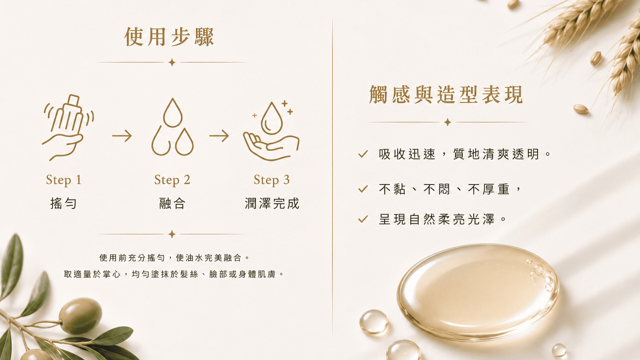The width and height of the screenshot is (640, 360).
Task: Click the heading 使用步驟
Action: tap(169, 37)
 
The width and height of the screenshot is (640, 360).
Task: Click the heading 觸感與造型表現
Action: tap(446, 94)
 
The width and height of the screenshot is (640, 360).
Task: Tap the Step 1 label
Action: tap(63, 180)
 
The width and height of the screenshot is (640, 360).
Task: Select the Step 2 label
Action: tap(172, 180)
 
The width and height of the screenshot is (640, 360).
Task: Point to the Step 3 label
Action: tap(271, 180)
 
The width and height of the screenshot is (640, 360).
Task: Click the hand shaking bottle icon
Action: tap(68, 127)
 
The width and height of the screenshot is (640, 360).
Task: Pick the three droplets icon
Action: tap(172, 127)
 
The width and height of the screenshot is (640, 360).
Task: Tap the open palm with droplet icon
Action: tap(271, 130)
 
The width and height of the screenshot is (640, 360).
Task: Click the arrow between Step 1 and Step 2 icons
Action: tap(122, 135)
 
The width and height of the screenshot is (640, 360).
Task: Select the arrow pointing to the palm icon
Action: tap(219, 135)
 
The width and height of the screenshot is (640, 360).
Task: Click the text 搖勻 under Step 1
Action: tap(63, 203)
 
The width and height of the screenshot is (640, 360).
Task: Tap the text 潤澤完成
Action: tap(271, 203)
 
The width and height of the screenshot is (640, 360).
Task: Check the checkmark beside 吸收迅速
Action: tap(363, 154)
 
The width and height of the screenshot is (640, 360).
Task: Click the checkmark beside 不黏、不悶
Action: tap(363, 189)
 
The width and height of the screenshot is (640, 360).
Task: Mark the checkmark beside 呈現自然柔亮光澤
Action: tap(363, 219)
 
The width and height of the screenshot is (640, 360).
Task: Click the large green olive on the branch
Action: tap(81, 316)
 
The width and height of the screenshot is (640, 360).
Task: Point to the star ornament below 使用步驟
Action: tap(172, 62)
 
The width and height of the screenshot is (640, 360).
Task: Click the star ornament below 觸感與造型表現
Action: tap(447, 122)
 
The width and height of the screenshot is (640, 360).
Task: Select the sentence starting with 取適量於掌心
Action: tap(174, 274)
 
